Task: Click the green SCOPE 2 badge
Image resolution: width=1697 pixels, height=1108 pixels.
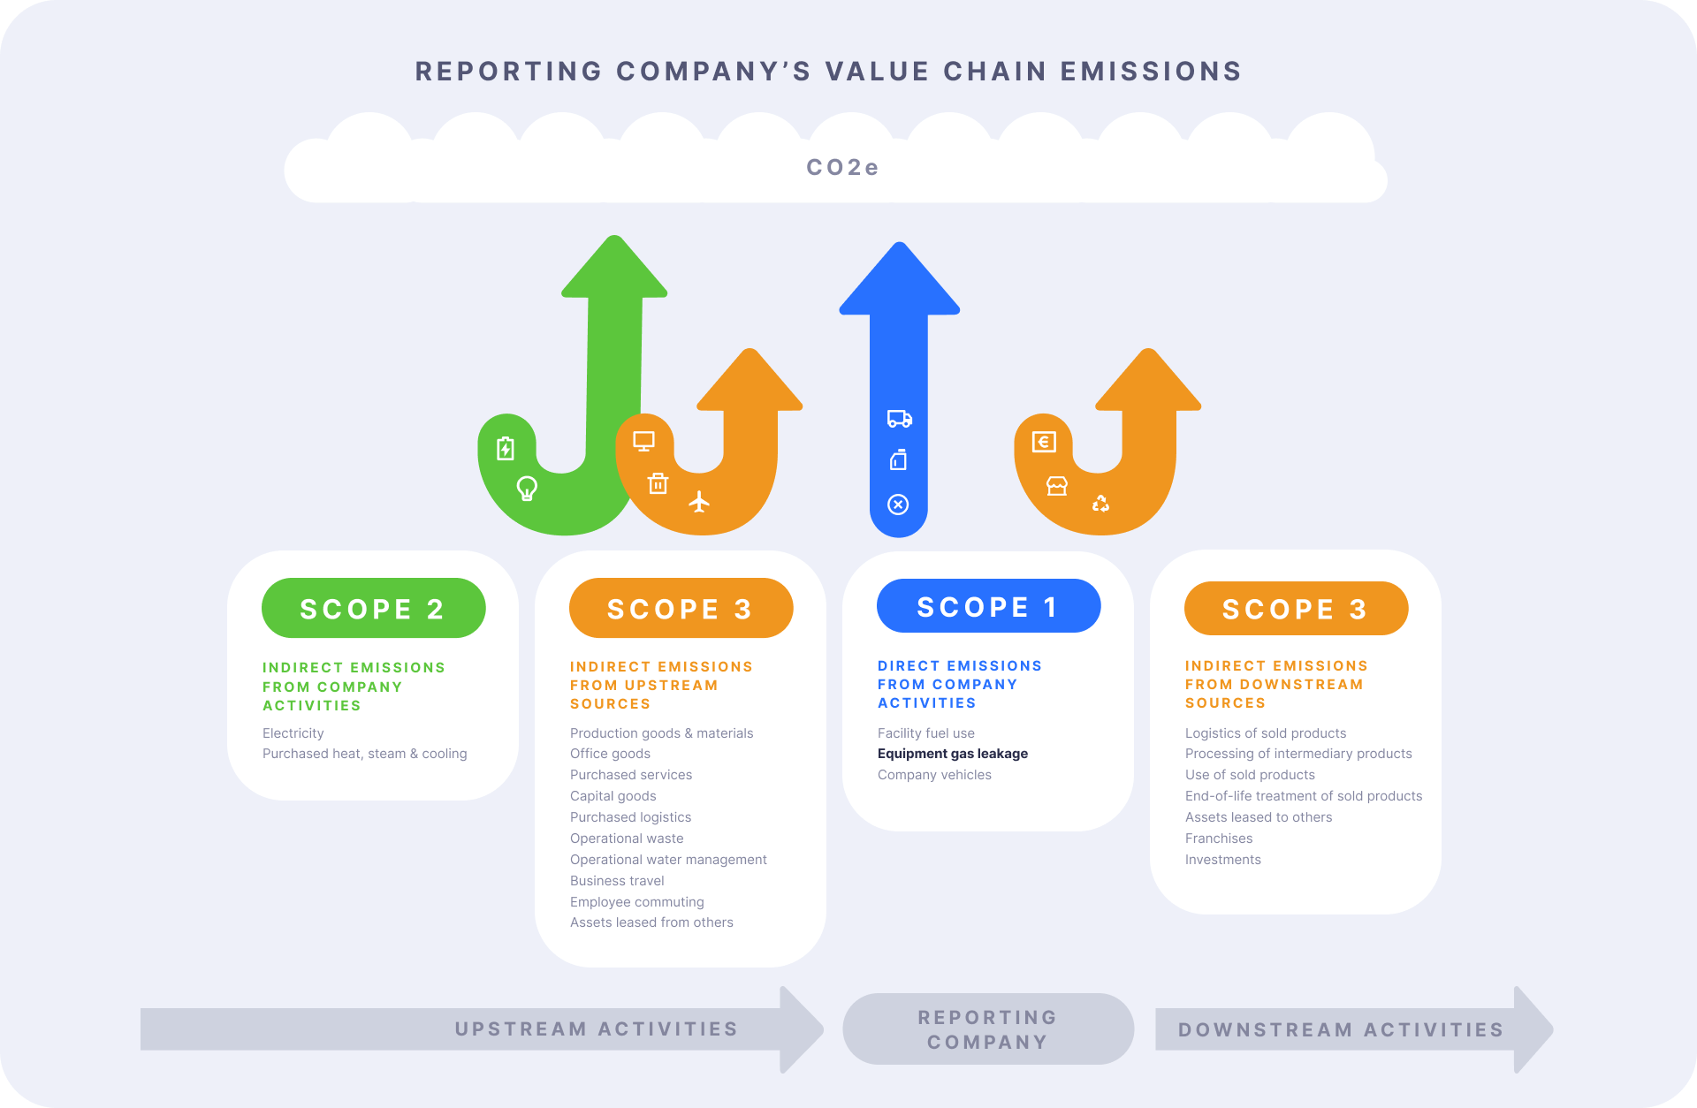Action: [x=373, y=608]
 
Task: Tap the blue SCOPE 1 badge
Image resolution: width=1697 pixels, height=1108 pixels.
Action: [x=988, y=606]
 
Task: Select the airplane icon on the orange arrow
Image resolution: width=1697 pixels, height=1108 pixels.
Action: [x=699, y=502]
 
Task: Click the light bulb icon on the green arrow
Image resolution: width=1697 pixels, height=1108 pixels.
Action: [x=527, y=488]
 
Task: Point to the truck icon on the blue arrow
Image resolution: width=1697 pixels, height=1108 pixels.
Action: [x=899, y=418]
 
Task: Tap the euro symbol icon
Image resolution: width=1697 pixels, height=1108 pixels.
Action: [x=1044, y=442]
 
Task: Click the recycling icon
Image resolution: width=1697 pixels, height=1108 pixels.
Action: [x=1100, y=503]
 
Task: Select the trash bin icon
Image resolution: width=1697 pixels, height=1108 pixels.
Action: [x=658, y=483]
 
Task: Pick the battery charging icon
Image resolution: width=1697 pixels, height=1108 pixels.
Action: [x=506, y=448]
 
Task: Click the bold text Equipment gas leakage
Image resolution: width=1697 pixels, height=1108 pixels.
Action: [x=952, y=754]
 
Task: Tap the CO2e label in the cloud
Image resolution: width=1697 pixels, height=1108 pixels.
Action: [x=842, y=167]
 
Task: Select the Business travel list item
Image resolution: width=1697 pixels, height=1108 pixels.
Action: [x=617, y=881]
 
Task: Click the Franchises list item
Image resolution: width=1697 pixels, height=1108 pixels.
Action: [x=1218, y=839]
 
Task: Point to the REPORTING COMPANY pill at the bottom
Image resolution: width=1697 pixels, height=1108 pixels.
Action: [x=987, y=1029]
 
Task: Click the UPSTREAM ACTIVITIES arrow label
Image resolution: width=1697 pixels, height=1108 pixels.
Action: [x=596, y=1029]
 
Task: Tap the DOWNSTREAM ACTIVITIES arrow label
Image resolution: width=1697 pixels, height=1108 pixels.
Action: [x=1340, y=1030]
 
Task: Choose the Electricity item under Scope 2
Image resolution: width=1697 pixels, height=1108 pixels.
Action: [x=293, y=733]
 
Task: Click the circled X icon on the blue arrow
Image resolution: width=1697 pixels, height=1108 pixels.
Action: [x=898, y=505]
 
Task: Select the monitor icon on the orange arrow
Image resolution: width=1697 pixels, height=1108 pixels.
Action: [x=643, y=441]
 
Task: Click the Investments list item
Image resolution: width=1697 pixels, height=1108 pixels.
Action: [x=1222, y=860]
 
